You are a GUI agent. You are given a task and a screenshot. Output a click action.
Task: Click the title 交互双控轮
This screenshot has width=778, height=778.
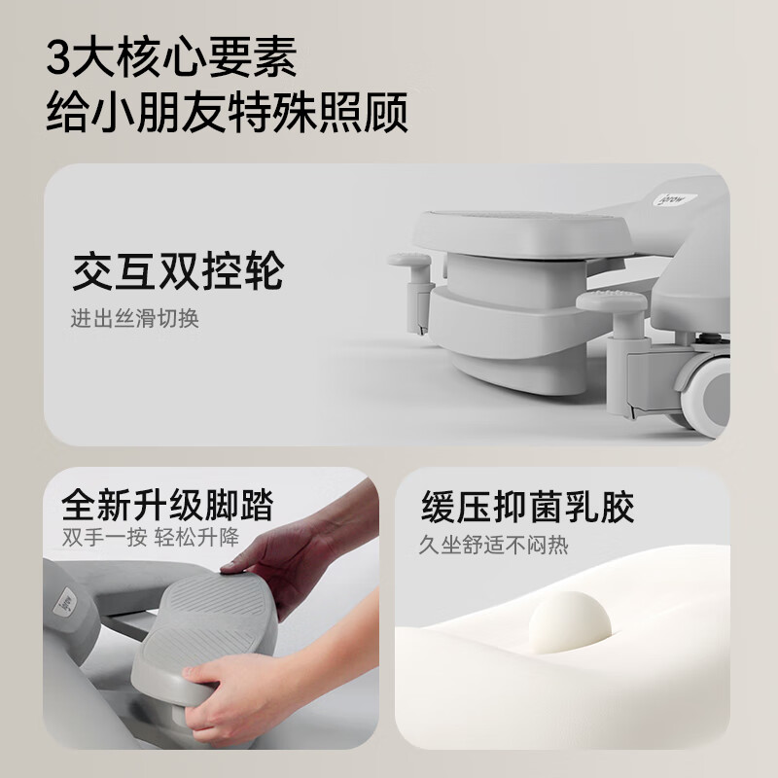tap(177, 271)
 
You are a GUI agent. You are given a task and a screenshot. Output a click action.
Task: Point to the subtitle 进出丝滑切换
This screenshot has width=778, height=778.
tap(134, 319)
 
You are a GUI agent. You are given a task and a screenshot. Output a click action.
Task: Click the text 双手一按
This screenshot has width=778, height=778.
tap(97, 539)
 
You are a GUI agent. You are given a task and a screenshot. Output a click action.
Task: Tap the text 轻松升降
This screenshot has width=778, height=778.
tap(201, 539)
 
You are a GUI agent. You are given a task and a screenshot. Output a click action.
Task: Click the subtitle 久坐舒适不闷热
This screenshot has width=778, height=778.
tap(494, 545)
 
